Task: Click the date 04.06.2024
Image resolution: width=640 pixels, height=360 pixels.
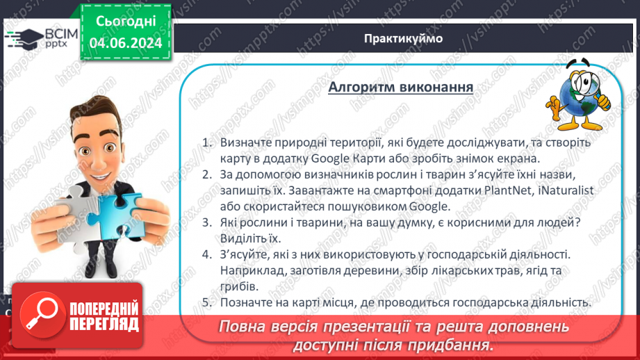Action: (x=126, y=43)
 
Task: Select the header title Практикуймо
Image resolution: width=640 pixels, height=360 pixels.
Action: (x=402, y=38)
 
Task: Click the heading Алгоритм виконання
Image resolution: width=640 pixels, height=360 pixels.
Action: (x=401, y=88)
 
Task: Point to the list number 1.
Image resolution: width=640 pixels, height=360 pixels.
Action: (x=206, y=142)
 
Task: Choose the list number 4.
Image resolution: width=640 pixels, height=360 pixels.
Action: (x=206, y=254)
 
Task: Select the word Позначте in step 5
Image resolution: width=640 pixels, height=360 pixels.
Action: (x=245, y=302)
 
